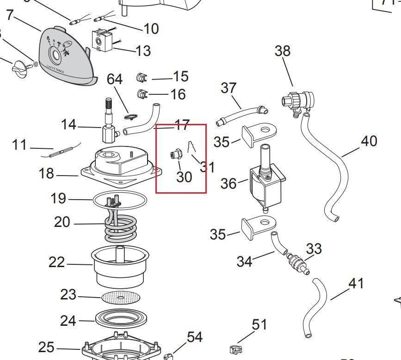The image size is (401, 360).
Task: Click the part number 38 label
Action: point(283,51)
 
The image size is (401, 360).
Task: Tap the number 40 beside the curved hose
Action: point(369,141)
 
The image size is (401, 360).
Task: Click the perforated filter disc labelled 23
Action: point(122,297)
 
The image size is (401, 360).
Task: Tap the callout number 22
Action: point(57,262)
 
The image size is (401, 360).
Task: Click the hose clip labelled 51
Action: point(235,349)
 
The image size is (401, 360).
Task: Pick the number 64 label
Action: point(114,79)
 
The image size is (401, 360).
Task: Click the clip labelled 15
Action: point(143,77)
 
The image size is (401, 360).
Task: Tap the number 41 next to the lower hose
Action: point(356,283)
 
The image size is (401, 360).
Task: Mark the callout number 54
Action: point(194,337)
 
